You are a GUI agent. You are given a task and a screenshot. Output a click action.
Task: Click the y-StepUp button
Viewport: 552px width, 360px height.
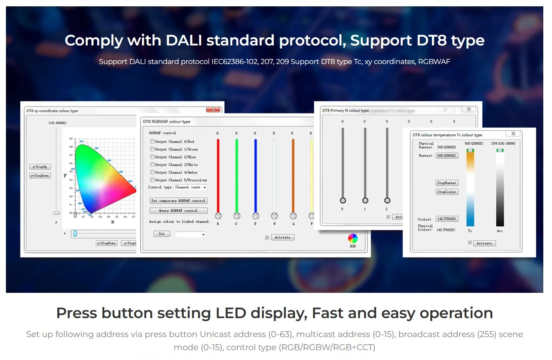coord(40,167)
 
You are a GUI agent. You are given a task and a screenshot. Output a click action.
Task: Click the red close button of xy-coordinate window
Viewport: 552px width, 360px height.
coord(213,110)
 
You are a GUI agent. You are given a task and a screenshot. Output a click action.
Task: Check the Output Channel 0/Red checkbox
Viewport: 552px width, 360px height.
coord(152,141)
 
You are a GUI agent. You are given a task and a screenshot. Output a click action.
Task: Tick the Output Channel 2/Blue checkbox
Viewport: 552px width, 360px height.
coord(152,157)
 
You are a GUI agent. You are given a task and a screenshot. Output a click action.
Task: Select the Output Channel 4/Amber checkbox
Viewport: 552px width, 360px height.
coord(152,172)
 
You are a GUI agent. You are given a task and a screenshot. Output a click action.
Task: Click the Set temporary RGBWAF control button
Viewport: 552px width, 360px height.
coord(178,201)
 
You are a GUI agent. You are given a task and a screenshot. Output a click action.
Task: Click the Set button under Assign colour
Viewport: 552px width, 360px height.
coord(162,234)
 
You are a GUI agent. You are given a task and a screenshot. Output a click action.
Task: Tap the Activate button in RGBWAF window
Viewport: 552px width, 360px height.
coord(283,237)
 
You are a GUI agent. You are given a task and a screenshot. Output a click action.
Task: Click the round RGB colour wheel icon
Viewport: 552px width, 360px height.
coord(352,238)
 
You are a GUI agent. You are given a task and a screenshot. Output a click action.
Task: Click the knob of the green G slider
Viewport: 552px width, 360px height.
coord(237,216)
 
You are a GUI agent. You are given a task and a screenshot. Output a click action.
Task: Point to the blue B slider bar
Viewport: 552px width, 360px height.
coord(255,174)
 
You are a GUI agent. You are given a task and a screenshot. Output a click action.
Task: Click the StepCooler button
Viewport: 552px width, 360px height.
coord(446,192)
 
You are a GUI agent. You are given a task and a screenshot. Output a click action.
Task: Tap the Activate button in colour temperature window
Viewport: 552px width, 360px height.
coord(484,243)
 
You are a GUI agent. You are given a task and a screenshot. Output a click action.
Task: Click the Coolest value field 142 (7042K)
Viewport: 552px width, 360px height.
coord(446,219)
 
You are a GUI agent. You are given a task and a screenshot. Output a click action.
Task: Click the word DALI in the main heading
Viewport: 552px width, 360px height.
coord(184,40)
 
